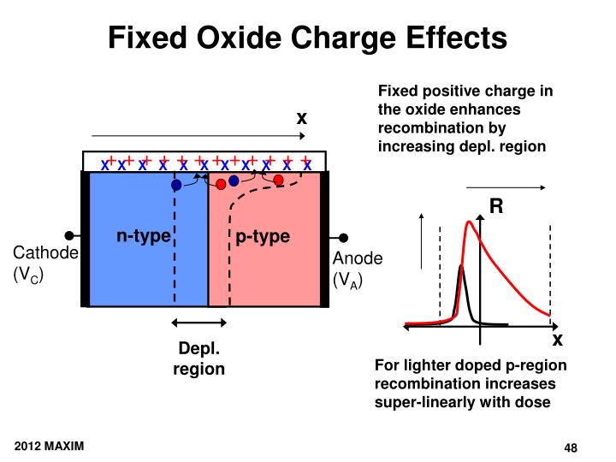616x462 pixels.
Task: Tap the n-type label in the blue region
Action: point(143,236)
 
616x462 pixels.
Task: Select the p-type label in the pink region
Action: point(263,237)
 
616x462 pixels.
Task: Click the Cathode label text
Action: point(45,254)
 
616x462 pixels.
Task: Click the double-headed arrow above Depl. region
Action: point(199,323)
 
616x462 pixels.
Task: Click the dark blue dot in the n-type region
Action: point(176,184)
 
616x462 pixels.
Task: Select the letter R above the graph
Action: point(496,206)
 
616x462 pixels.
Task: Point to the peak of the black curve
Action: point(460,267)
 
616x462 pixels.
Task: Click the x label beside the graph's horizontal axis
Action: point(557,340)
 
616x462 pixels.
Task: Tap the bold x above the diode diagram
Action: point(301,118)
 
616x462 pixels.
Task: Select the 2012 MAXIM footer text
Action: point(48,447)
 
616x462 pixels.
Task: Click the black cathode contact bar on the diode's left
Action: point(85,239)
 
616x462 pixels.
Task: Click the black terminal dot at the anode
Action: point(344,237)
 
